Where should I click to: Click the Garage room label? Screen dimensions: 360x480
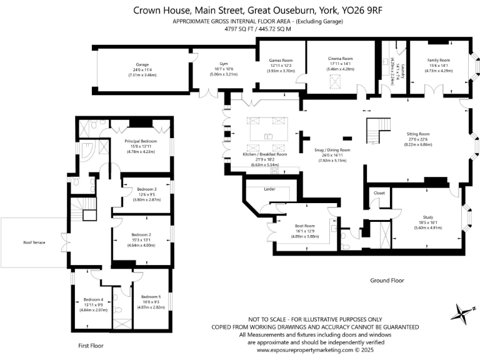142,64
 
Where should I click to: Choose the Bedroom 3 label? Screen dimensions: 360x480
146,189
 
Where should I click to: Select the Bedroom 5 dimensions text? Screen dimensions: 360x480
151,307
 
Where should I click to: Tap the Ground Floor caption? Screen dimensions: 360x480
387,281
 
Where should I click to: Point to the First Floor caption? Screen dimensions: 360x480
91,345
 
